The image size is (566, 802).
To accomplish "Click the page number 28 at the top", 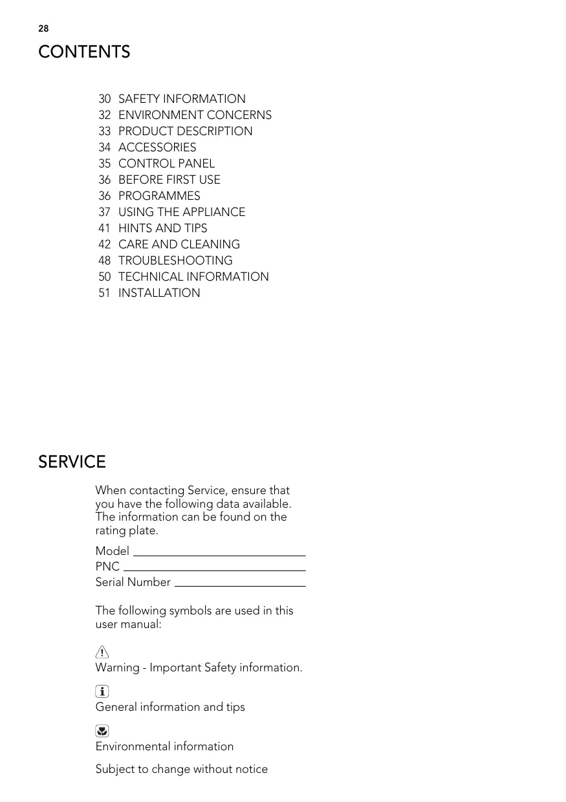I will pyautogui.click(x=43, y=28).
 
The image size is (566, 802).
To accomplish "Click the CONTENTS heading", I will pyautogui.click(x=84, y=52).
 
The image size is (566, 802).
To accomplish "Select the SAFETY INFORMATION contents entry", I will pyautogui.click(x=182, y=99).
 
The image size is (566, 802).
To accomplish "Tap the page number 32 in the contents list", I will pyautogui.click(x=105, y=115).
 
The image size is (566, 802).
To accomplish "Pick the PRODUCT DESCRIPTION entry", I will pyautogui.click(x=185, y=131).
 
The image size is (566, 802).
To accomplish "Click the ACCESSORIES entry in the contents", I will pyautogui.click(x=157, y=147).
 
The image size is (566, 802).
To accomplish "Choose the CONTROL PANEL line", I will pyautogui.click(x=166, y=164).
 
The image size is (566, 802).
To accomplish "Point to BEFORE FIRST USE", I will pyautogui.click(x=169, y=180).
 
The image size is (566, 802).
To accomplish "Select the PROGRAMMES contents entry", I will pyautogui.click(x=159, y=196).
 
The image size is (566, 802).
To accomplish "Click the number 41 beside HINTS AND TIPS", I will pyautogui.click(x=105, y=228).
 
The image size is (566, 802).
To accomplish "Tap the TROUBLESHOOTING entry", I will pyautogui.click(x=175, y=261).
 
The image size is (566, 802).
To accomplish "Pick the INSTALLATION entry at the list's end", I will pyautogui.click(x=159, y=293).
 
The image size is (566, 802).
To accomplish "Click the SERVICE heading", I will pyautogui.click(x=72, y=462).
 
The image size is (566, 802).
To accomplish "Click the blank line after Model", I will pyautogui.click(x=219, y=554).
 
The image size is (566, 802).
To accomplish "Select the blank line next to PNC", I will pyautogui.click(x=214, y=569).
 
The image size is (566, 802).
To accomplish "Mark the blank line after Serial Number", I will pyautogui.click(x=240, y=585).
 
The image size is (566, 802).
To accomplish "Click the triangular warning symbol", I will pyautogui.click(x=102, y=652).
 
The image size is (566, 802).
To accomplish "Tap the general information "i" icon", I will pyautogui.click(x=102, y=692).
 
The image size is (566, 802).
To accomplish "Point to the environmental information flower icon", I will pyautogui.click(x=102, y=732).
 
